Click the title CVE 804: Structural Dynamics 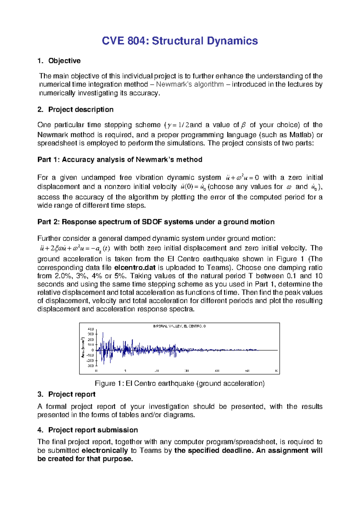pos(180,41)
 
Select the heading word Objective pos(64,61)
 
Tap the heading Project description pos(81,110)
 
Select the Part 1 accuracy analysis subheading pos(120,160)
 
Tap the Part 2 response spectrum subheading pos(156,222)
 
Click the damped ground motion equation pos(75,248)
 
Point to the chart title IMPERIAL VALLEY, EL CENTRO pos(179,326)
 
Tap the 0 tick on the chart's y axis pos(93,350)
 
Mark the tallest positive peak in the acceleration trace pos(103,333)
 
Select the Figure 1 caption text pos(179,384)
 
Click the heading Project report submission pos(93,430)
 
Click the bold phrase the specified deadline pos(214,451)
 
